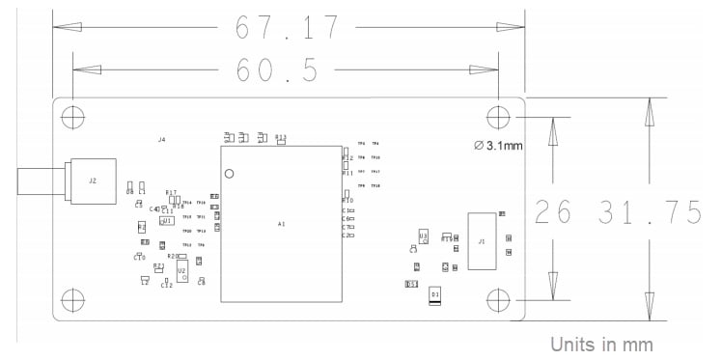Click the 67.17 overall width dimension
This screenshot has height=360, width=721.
tap(288, 28)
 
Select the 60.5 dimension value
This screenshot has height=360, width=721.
tap(287, 73)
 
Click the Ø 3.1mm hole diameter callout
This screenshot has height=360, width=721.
tap(501, 146)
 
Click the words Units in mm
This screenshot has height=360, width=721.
tap(602, 344)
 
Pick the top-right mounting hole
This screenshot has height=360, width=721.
tap(497, 117)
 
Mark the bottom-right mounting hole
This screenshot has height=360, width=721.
tap(497, 298)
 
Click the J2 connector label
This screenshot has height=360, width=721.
tap(93, 180)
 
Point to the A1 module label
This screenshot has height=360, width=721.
tap(281, 224)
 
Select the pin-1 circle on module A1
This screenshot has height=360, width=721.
tap(230, 174)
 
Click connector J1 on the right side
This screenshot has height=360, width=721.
tap(482, 240)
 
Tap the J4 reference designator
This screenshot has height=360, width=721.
tap(161, 140)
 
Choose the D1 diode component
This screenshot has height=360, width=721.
tap(435, 293)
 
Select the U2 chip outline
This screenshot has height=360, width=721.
tap(181, 272)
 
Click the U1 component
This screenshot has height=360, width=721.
tap(167, 221)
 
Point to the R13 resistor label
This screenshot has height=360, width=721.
tap(281, 138)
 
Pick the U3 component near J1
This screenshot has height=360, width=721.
tap(423, 235)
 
